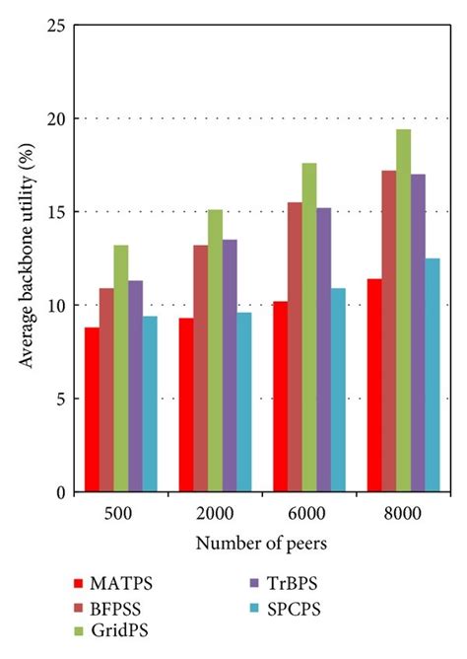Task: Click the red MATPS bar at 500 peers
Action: [x=92, y=409]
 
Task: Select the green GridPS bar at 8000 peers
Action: [x=404, y=311]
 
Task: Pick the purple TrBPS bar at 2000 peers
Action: [x=230, y=366]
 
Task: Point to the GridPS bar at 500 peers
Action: [x=120, y=369]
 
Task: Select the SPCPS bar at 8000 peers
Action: [x=433, y=375]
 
